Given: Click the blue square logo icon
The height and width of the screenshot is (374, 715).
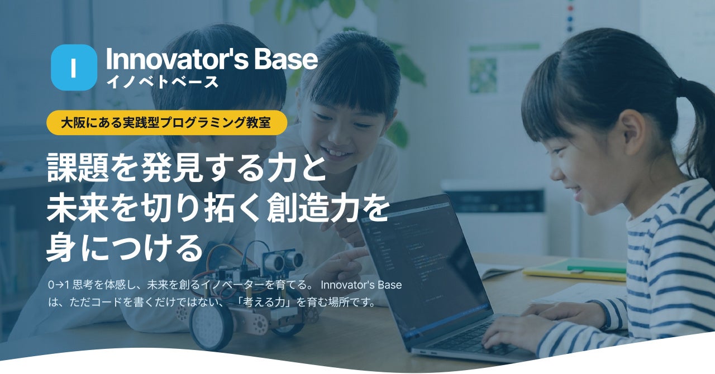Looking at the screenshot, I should click(74, 68).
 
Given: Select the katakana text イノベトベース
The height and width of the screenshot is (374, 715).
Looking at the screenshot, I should click(162, 82).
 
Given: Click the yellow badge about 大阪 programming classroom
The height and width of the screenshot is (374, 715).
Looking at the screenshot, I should click(166, 123).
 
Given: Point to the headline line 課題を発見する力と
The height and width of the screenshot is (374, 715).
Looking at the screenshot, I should click(187, 168).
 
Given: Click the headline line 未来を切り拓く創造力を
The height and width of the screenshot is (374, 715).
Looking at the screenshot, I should click(218, 208).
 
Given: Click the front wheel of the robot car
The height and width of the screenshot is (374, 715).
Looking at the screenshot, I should click(211, 327).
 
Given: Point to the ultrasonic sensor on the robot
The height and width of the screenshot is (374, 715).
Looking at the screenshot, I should click(283, 260).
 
